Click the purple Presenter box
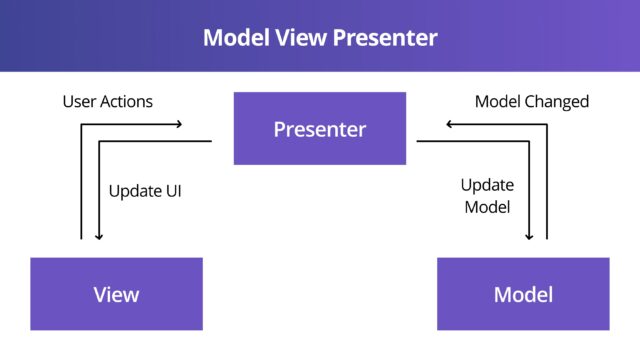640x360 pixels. click(x=320, y=129)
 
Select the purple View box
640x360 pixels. click(x=116, y=294)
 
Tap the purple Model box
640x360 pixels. click(x=523, y=294)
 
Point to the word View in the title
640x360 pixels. click(x=304, y=38)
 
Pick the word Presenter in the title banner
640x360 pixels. click(x=386, y=38)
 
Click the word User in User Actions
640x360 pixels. click(x=80, y=101)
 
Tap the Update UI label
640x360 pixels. click(x=145, y=189)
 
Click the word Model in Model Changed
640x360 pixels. click(x=497, y=101)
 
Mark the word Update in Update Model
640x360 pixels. click(x=486, y=185)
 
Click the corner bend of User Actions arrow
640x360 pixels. click(x=81, y=125)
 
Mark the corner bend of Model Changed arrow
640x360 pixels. click(x=547, y=125)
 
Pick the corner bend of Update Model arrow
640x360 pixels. click(x=531, y=142)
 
